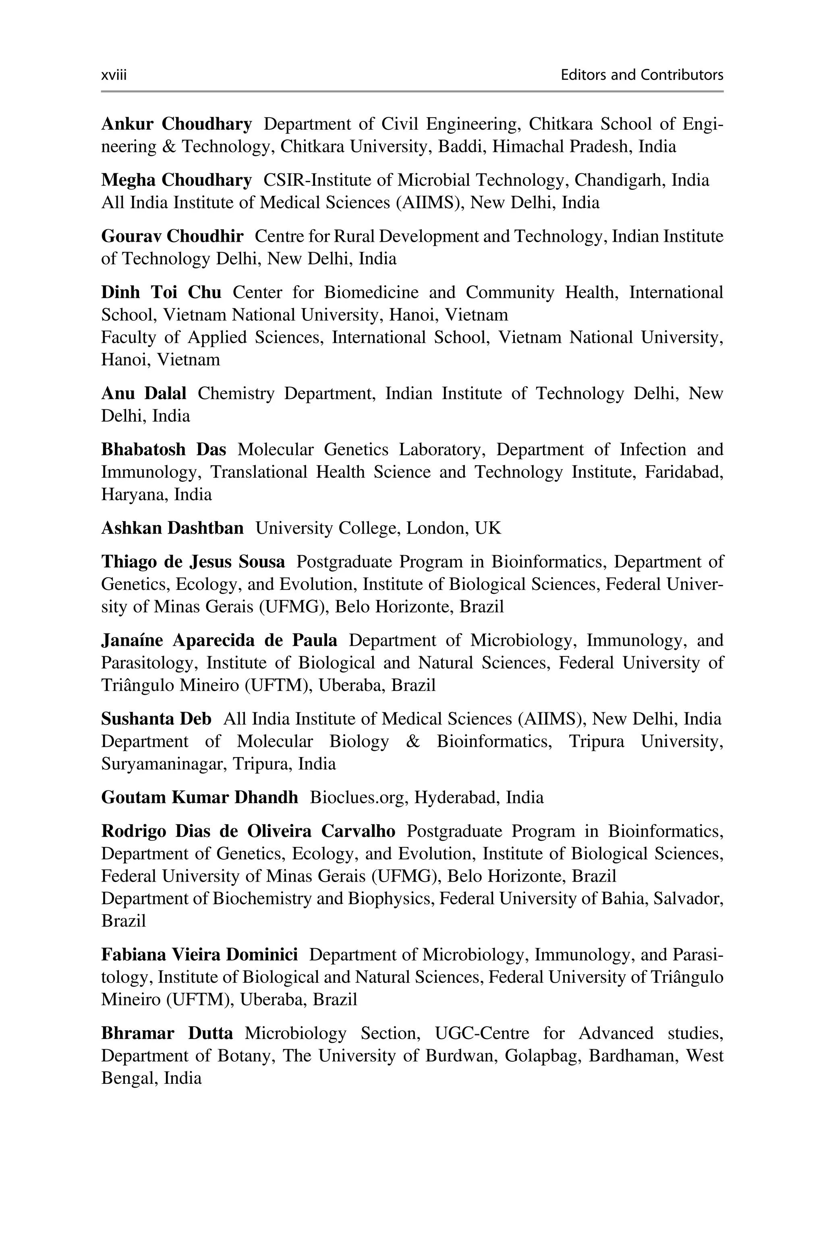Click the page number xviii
coord(114,75)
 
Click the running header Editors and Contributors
coord(641,75)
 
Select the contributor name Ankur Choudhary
coord(176,124)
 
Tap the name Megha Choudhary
coord(176,180)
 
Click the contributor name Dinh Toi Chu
coord(161,293)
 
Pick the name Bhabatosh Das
coord(163,450)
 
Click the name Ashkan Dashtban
coord(172,528)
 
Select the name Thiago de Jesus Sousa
coord(193,562)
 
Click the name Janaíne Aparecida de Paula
coord(219,640)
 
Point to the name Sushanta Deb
coord(156,719)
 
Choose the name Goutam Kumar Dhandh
coord(199,797)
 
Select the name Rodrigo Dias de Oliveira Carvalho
coord(248,831)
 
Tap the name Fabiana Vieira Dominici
coord(199,954)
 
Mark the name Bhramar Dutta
coord(167,1033)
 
